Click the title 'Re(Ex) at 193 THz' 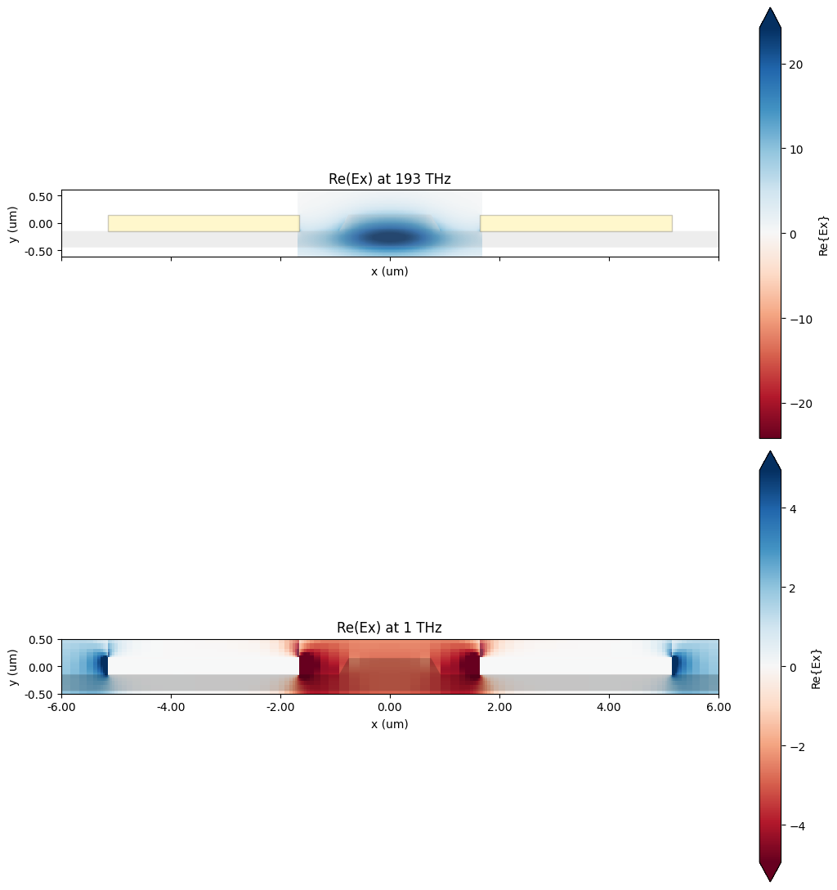pos(389,179)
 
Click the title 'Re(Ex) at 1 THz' pos(389,628)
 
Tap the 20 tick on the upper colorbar pos(795,65)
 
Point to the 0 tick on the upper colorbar pos(791,234)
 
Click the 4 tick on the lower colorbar pos(791,508)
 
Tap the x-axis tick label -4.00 pos(170,707)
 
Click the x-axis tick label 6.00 pos(718,707)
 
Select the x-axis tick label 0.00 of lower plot pos(389,707)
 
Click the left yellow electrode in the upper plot pos(204,223)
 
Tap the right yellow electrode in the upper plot pos(575,223)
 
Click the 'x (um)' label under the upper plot pos(389,271)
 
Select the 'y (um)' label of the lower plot pos(13,667)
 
